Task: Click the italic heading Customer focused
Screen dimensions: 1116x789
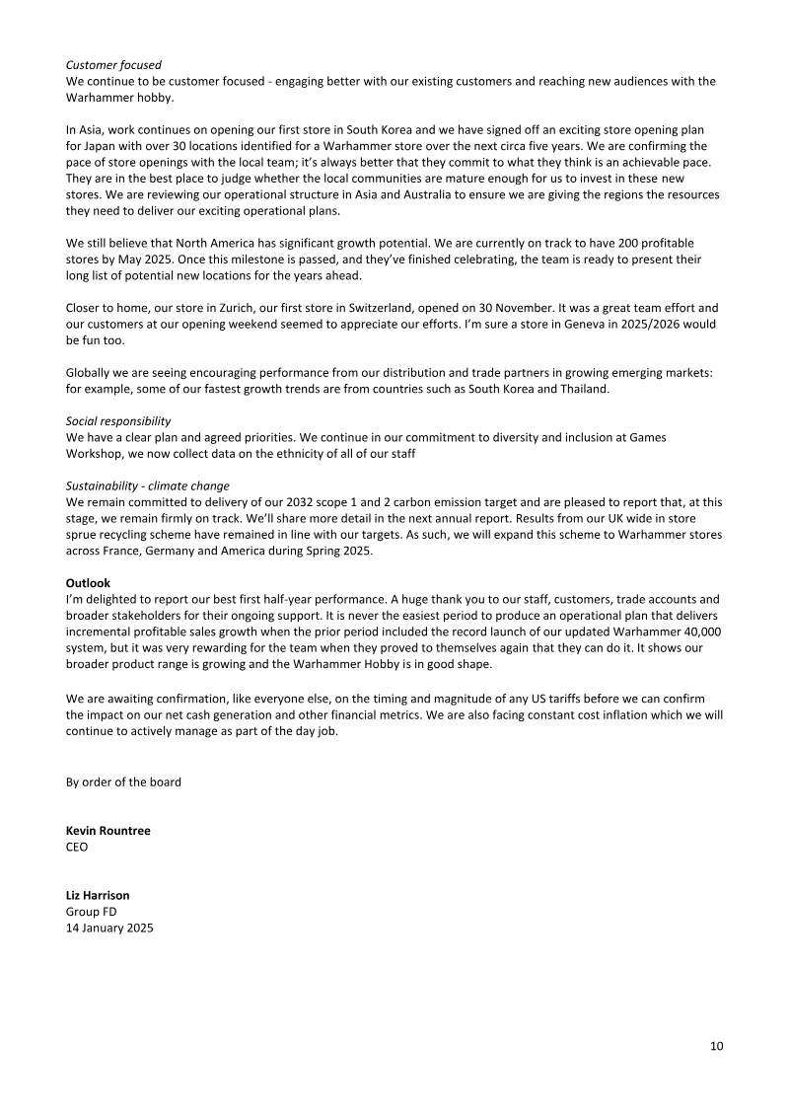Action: tap(113, 65)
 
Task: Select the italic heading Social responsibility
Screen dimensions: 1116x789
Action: tap(118, 420)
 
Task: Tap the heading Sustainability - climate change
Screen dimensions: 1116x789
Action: tap(147, 485)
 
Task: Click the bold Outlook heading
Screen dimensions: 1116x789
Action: tap(88, 583)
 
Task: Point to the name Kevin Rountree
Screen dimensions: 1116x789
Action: tap(108, 831)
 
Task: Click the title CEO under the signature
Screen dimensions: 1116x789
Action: tap(77, 847)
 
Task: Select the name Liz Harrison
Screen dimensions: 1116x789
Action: tap(98, 896)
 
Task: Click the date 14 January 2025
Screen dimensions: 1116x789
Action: tap(109, 929)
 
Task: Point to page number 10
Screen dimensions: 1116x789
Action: tap(716, 1046)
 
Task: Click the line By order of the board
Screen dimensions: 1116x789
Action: tap(123, 782)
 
